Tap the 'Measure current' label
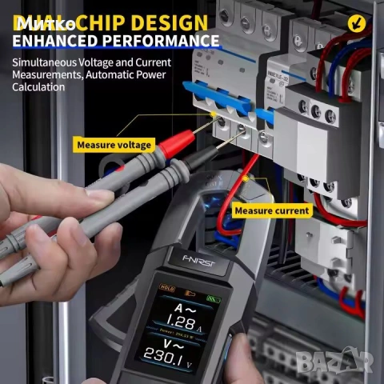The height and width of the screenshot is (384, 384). tap(271, 210)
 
